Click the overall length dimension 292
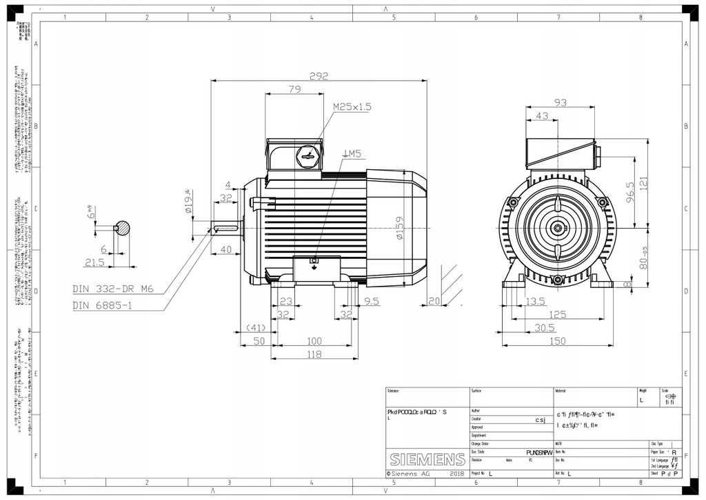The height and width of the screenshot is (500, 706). tap(318, 76)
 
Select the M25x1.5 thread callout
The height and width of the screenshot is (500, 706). tap(352, 107)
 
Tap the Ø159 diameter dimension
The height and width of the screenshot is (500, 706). tap(400, 227)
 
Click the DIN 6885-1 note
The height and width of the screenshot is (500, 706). tap(103, 305)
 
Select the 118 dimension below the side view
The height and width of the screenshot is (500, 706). tap(314, 354)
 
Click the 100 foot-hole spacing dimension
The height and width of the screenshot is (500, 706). tap(314, 341)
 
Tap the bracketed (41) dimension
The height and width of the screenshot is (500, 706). tap(256, 327)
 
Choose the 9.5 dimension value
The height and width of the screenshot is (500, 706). tap(372, 301)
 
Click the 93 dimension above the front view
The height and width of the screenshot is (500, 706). tap(561, 103)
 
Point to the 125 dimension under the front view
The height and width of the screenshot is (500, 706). tap(557, 314)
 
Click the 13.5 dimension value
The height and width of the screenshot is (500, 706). tap(536, 301)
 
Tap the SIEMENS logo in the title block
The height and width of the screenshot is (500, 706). tap(427, 460)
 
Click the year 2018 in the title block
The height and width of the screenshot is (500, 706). tap(456, 474)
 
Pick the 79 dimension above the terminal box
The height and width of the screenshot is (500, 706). tap(294, 89)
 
